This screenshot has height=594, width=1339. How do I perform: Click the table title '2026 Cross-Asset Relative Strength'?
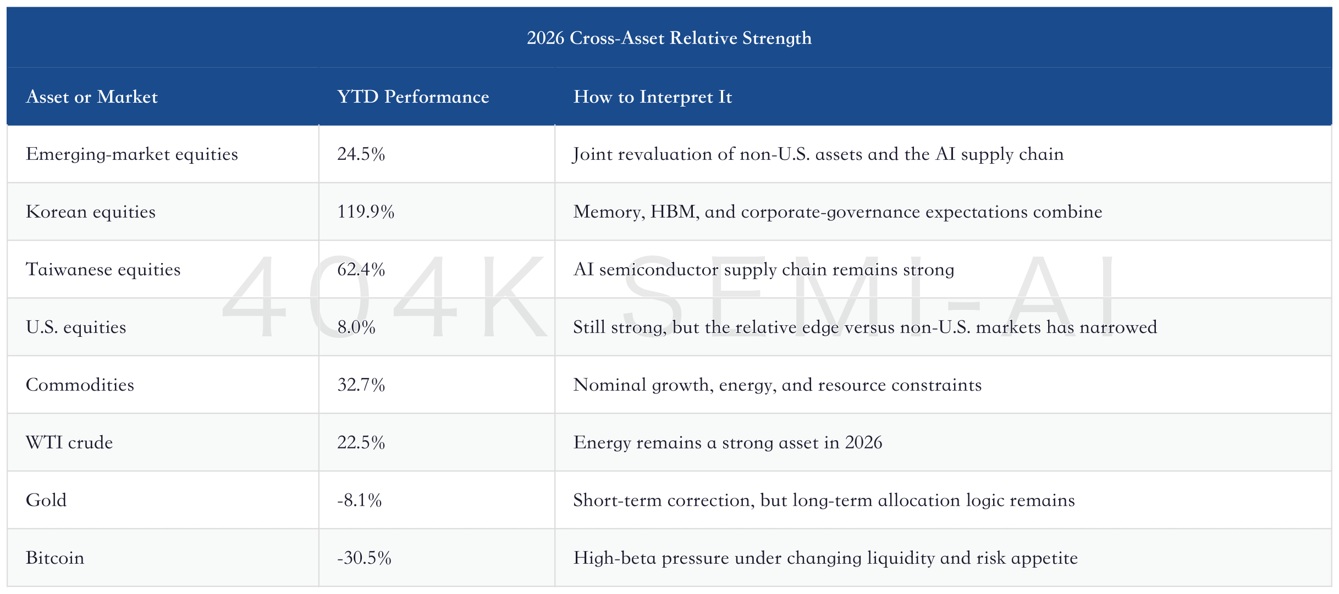point(669,38)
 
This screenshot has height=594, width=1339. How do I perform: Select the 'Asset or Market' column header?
point(92,97)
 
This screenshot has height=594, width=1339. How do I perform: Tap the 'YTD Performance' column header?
point(413,97)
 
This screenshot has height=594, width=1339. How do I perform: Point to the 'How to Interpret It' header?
point(653,97)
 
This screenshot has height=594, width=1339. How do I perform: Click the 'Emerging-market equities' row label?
point(132,154)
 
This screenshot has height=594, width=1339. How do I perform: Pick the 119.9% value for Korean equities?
point(366,212)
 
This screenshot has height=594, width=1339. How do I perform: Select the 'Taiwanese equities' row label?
point(103,270)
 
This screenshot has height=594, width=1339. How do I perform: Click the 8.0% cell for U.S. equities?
point(356,327)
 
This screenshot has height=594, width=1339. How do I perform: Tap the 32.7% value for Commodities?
point(361,385)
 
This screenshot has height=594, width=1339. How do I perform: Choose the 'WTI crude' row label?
point(69,443)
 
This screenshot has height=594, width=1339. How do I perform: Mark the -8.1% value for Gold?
point(360,501)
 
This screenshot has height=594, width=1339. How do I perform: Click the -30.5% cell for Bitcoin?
point(364,558)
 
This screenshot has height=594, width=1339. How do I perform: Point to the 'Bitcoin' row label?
point(55,558)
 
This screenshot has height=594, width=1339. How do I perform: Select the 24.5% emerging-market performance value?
point(361,154)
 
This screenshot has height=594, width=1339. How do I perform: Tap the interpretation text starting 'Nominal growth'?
point(778,385)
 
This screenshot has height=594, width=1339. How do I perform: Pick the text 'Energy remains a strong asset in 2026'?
point(728,443)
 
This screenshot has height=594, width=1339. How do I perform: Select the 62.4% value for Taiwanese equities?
point(361,270)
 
